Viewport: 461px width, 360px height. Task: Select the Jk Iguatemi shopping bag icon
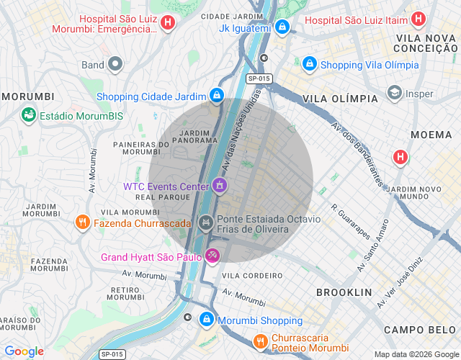pos(282,28)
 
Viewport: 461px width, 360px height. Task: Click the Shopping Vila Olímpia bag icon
pos(309,65)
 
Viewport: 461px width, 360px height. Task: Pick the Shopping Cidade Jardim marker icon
pos(216,95)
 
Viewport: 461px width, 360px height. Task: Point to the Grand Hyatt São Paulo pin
pos(212,256)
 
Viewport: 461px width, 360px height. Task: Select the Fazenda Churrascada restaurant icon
pos(84,223)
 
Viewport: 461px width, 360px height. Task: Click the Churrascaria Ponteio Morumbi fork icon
pos(260,341)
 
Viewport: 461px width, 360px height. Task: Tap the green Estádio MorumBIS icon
pos(29,115)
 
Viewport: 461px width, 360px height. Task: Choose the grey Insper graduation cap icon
pos(394,93)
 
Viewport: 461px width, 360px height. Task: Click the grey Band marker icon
pos(115,65)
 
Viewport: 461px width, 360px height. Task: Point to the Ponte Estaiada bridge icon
pos(205,222)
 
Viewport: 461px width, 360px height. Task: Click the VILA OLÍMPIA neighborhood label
pos(340,99)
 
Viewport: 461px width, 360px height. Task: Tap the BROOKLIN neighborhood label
pos(344,292)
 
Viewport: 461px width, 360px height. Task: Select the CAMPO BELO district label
pos(418,330)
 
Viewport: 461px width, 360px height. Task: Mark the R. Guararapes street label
pos(350,222)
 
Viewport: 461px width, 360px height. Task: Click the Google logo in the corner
pos(24,351)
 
